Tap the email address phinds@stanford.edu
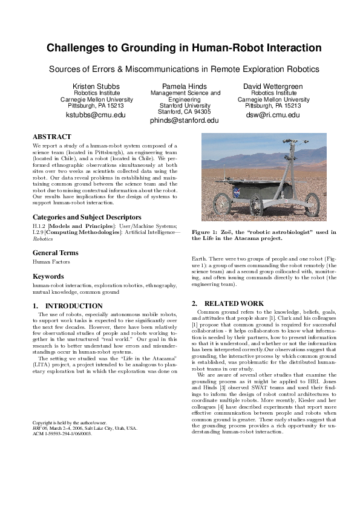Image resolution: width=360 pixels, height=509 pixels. [x=184, y=120]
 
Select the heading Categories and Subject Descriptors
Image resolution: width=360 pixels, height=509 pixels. [x=87, y=216]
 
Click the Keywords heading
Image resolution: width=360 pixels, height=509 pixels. [x=48, y=276]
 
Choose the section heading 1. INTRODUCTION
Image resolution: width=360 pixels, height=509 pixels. [x=67, y=306]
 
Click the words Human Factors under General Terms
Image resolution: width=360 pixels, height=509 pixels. [x=51, y=262]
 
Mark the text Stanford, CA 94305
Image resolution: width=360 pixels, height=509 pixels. [x=184, y=112]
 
